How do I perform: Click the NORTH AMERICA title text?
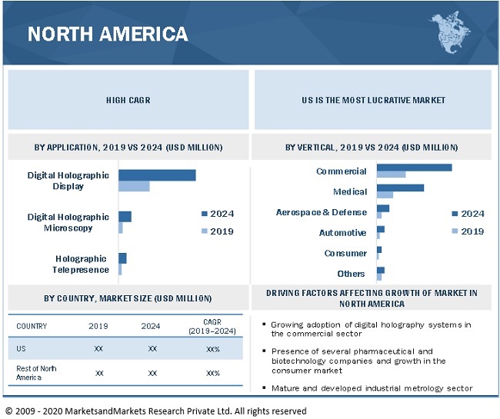(108, 34)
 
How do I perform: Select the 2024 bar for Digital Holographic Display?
(157, 175)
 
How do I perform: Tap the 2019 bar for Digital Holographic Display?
(134, 186)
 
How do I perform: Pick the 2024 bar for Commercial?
(414, 167)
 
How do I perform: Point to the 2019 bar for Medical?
(385, 195)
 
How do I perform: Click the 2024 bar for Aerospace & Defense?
(383, 208)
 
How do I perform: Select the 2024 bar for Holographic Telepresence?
(122, 258)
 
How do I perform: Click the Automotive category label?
(342, 232)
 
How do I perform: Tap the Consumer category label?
(345, 253)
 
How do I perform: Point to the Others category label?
(351, 274)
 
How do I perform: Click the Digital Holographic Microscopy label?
(68, 222)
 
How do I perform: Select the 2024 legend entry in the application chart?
(218, 214)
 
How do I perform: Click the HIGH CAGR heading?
(128, 100)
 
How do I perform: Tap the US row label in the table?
(22, 348)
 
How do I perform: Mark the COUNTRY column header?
(32, 326)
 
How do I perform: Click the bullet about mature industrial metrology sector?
(372, 388)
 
